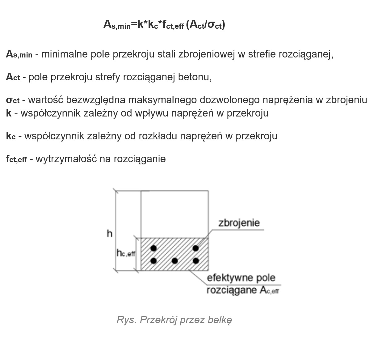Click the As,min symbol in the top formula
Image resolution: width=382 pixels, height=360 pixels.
(x=117, y=25)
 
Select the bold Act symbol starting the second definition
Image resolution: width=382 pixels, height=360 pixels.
(x=13, y=77)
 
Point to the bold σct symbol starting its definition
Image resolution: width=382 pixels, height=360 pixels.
(x=13, y=100)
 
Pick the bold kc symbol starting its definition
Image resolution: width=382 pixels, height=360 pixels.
(x=11, y=136)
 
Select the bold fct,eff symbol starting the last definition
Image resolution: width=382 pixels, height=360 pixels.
(x=16, y=159)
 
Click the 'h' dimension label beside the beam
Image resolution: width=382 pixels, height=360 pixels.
(x=109, y=234)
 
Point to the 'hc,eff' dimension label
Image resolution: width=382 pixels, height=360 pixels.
(x=126, y=253)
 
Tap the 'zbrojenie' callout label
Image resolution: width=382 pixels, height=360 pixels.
(x=239, y=223)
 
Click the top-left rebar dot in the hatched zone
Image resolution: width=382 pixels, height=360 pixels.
(x=153, y=248)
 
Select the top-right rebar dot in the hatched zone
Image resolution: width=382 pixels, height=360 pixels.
(x=195, y=248)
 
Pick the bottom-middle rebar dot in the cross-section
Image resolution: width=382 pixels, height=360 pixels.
(x=174, y=261)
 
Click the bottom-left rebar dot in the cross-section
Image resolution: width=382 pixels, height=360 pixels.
(x=153, y=261)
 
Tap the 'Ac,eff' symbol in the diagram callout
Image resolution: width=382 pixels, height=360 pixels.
(x=270, y=290)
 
